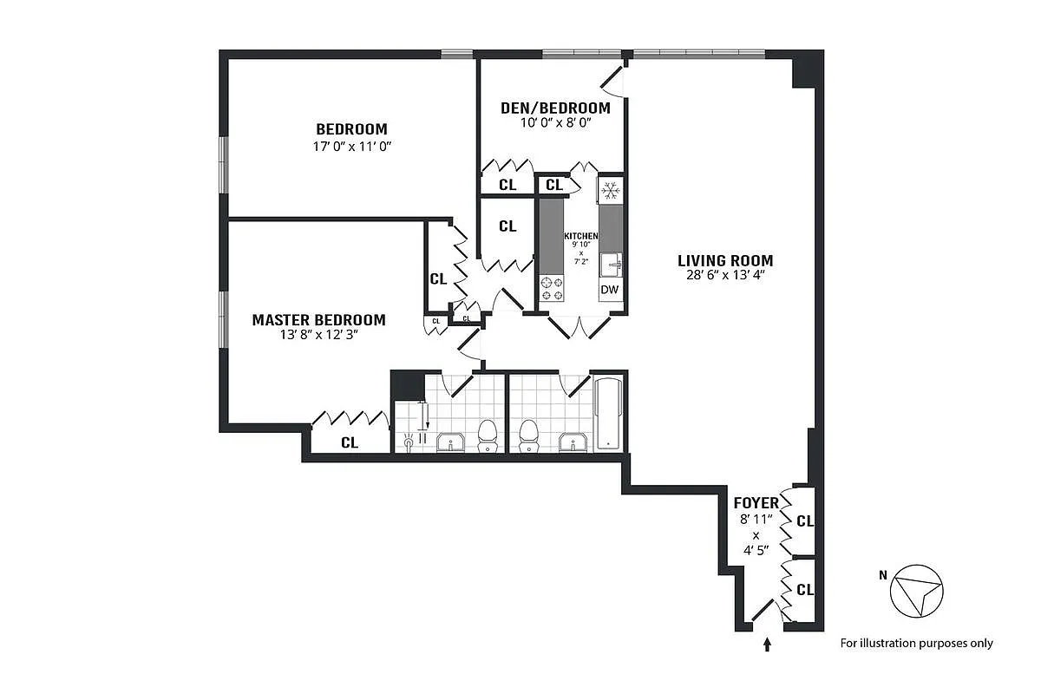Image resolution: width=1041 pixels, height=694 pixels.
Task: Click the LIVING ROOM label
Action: tap(725, 260)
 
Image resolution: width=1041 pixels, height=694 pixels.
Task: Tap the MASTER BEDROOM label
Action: tap(318, 320)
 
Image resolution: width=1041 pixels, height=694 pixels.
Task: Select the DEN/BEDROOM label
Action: tap(555, 108)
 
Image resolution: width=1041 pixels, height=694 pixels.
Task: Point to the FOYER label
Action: tap(756, 503)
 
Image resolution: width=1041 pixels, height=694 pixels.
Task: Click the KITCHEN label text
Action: tap(580, 236)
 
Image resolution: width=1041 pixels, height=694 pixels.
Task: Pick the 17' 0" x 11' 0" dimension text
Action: tap(351, 147)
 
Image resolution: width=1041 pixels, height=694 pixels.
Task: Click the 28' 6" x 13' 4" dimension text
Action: tap(725, 277)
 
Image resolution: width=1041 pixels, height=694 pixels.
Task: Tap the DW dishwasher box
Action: tap(610, 290)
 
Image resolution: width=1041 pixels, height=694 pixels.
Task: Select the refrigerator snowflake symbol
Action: tap(610, 189)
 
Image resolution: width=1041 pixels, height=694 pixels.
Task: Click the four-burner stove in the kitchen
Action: tap(552, 288)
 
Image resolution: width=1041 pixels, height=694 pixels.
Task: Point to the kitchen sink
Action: tap(613, 262)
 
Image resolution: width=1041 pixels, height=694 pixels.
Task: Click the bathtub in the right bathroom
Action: tap(608, 414)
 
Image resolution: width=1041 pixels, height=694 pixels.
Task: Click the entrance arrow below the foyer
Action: tap(767, 644)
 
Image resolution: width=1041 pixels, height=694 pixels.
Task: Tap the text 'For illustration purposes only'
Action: tap(916, 643)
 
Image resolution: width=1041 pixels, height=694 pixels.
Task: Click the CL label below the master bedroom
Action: tap(349, 442)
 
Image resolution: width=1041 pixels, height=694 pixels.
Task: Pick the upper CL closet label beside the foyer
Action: tap(804, 521)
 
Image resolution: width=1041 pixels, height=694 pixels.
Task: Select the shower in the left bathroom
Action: tap(414, 425)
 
